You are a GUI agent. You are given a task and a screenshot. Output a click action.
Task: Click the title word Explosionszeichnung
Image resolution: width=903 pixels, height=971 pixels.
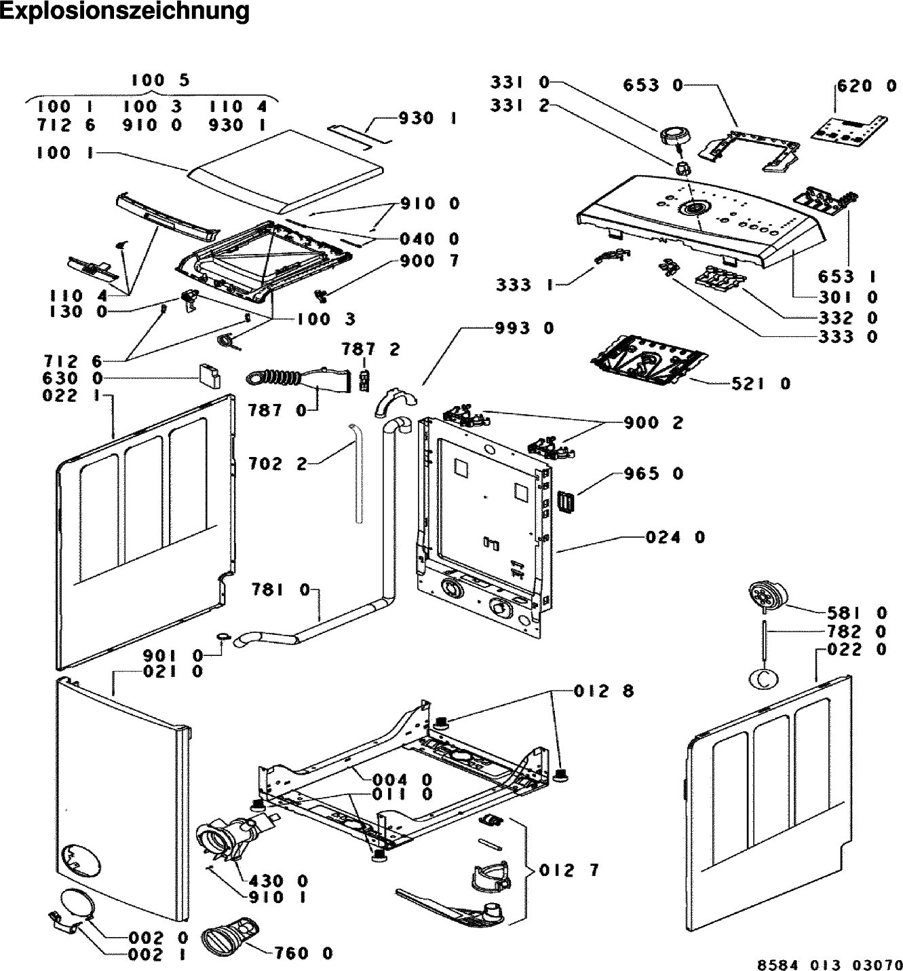[x=125, y=12]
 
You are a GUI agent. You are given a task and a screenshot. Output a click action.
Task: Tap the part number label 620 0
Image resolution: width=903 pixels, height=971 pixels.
[x=867, y=86]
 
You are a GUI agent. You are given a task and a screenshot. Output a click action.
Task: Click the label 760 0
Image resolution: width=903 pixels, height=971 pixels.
[x=303, y=953]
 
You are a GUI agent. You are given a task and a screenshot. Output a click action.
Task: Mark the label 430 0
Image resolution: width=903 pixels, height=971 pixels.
[x=278, y=881]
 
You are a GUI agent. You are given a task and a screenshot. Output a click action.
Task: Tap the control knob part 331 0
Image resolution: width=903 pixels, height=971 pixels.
[x=672, y=136]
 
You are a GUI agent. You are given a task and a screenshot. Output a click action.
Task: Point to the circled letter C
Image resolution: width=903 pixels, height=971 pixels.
[x=763, y=678]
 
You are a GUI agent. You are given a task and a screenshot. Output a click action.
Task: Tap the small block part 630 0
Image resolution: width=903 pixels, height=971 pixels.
[x=210, y=375]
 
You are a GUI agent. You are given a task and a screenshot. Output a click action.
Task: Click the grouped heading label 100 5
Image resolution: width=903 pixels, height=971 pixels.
[x=161, y=80]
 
